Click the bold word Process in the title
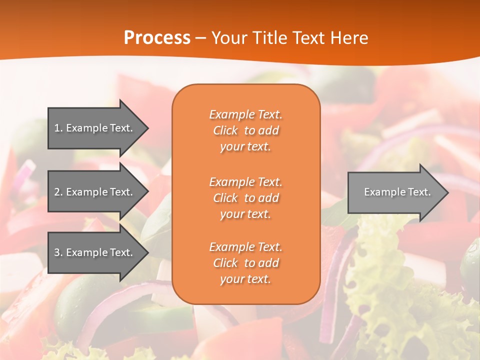[x=157, y=38]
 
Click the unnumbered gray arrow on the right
[x=395, y=192]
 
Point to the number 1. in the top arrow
[x=58, y=128]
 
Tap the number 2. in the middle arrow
[x=58, y=192]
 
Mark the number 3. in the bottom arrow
[x=58, y=252]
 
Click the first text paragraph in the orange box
[x=245, y=130]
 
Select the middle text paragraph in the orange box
[x=245, y=198]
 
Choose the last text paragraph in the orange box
[x=245, y=263]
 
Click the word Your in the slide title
[x=228, y=38]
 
